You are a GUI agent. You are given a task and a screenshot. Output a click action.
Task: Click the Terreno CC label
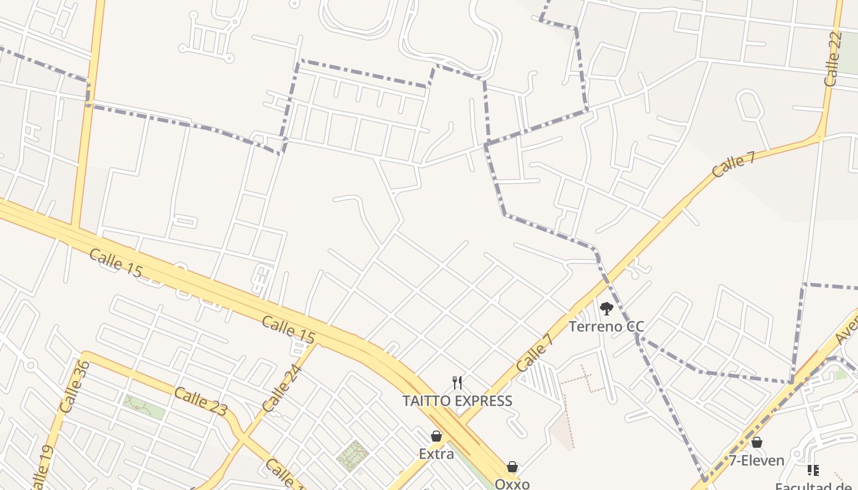[x=606, y=326]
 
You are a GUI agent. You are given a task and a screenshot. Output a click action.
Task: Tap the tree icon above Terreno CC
[x=606, y=309]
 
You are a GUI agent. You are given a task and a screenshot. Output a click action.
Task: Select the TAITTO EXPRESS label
[x=457, y=401]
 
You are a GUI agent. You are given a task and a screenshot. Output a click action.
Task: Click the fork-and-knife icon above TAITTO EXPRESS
[x=457, y=383]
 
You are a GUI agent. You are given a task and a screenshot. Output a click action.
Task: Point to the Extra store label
[x=436, y=454]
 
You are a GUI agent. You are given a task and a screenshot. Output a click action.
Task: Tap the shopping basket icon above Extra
[x=436, y=436]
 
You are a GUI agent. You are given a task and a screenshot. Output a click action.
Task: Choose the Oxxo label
[x=512, y=484]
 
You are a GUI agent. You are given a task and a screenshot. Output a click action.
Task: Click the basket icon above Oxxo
[x=512, y=467]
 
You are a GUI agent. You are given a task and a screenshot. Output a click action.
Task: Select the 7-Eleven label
[x=756, y=461]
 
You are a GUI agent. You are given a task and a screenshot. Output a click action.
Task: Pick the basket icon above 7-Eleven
[x=757, y=442]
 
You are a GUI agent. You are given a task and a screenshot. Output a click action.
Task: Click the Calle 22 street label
[x=833, y=59]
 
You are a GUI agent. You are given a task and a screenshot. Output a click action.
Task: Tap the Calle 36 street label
[x=75, y=386]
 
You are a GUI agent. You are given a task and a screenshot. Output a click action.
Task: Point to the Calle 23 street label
[x=200, y=402]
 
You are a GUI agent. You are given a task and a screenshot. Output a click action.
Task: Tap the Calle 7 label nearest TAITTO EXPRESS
[x=534, y=353]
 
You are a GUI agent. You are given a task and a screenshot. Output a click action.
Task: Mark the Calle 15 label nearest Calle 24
[x=289, y=330]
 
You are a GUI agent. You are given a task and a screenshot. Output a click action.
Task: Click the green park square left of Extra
[x=352, y=455]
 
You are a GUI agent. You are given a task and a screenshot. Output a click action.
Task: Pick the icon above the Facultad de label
[x=813, y=470]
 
